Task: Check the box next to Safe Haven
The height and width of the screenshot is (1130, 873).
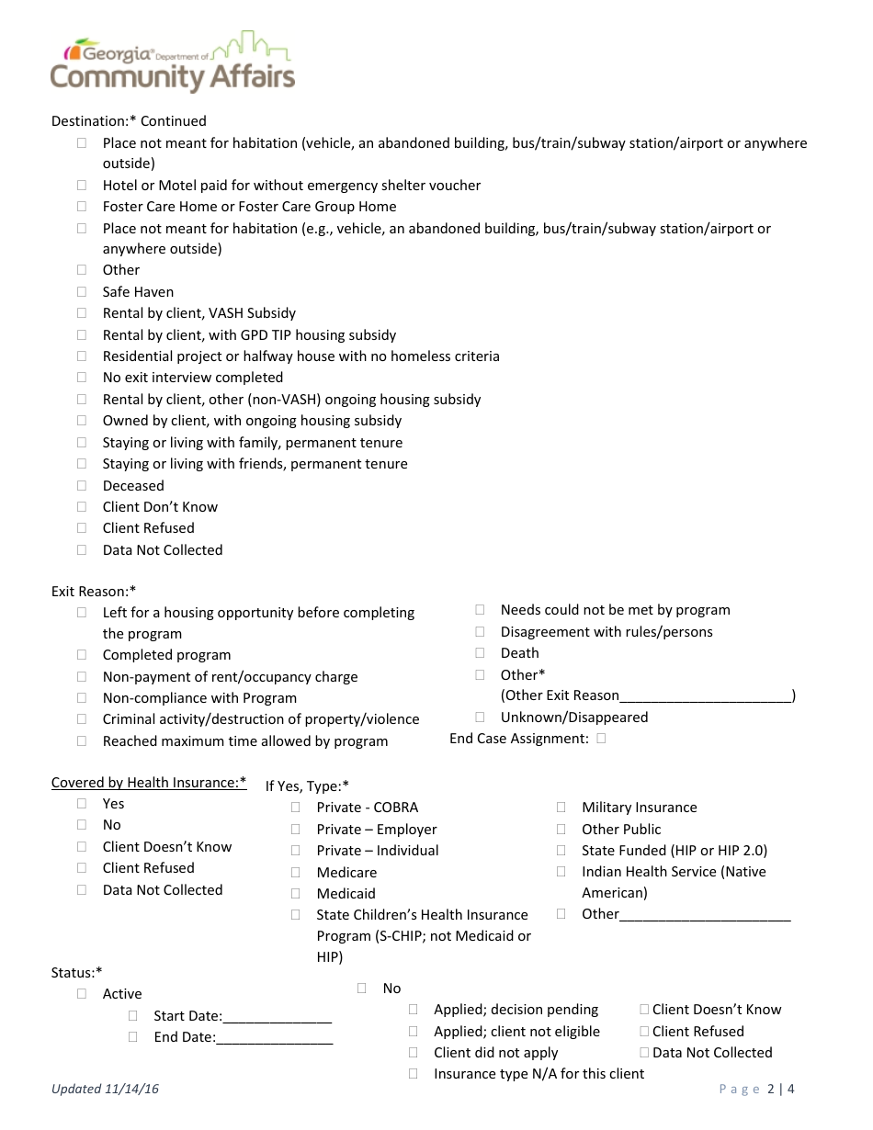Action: [82, 291]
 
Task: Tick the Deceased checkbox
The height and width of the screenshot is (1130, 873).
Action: [82, 485]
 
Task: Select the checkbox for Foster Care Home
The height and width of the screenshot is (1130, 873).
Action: [82, 206]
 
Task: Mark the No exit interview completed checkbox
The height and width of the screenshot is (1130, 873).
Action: [82, 377]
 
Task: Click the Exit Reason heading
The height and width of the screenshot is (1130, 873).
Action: [94, 591]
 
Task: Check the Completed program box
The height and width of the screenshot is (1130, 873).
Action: [82, 654]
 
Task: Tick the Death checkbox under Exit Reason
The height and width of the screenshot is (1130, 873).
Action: [480, 652]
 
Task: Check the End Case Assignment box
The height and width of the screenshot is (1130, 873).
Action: [601, 738]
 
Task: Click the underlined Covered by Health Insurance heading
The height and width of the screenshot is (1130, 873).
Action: [149, 783]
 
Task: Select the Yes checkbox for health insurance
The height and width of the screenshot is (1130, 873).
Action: [82, 803]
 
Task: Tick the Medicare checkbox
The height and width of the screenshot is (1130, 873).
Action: [296, 872]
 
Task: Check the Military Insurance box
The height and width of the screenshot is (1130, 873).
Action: [561, 807]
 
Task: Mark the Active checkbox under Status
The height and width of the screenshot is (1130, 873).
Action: [82, 993]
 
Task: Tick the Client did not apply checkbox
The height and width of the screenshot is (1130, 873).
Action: [414, 1052]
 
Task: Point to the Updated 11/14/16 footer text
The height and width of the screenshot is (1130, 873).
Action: [105, 1089]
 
